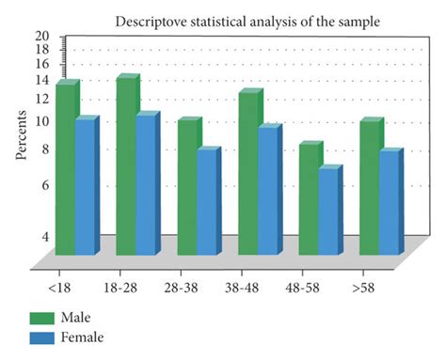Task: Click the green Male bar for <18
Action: (65, 169)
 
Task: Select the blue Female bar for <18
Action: (86, 186)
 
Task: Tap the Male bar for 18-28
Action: (126, 167)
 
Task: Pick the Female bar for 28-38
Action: (207, 201)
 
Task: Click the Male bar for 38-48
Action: (247, 174)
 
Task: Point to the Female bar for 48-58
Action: (328, 211)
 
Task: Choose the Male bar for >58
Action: (370, 188)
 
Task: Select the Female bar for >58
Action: (390, 202)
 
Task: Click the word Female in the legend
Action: (84, 337)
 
